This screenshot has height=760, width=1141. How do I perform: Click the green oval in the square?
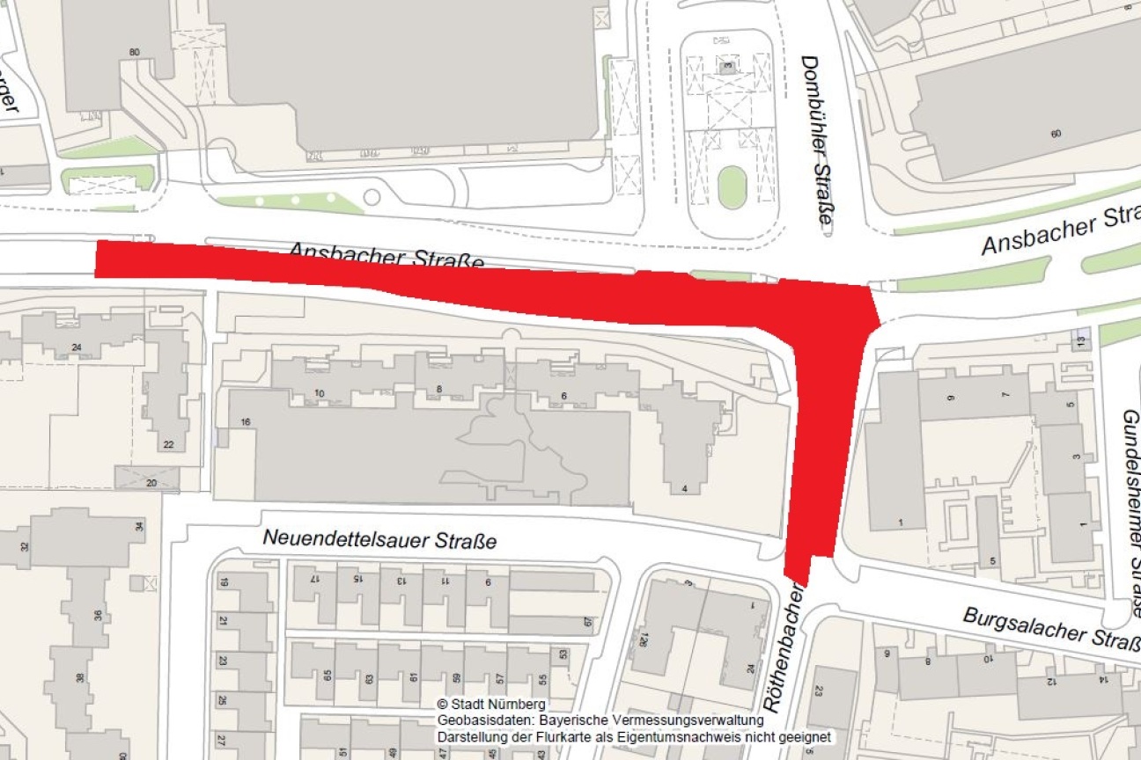(x=732, y=187)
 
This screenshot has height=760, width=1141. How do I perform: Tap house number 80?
(x=134, y=52)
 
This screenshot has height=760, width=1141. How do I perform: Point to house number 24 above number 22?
(x=76, y=347)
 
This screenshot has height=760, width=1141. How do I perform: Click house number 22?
(x=167, y=444)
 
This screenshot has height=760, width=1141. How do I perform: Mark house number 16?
(x=246, y=423)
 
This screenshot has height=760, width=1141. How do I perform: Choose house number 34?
(x=139, y=527)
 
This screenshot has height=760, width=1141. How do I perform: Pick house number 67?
(x=588, y=622)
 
